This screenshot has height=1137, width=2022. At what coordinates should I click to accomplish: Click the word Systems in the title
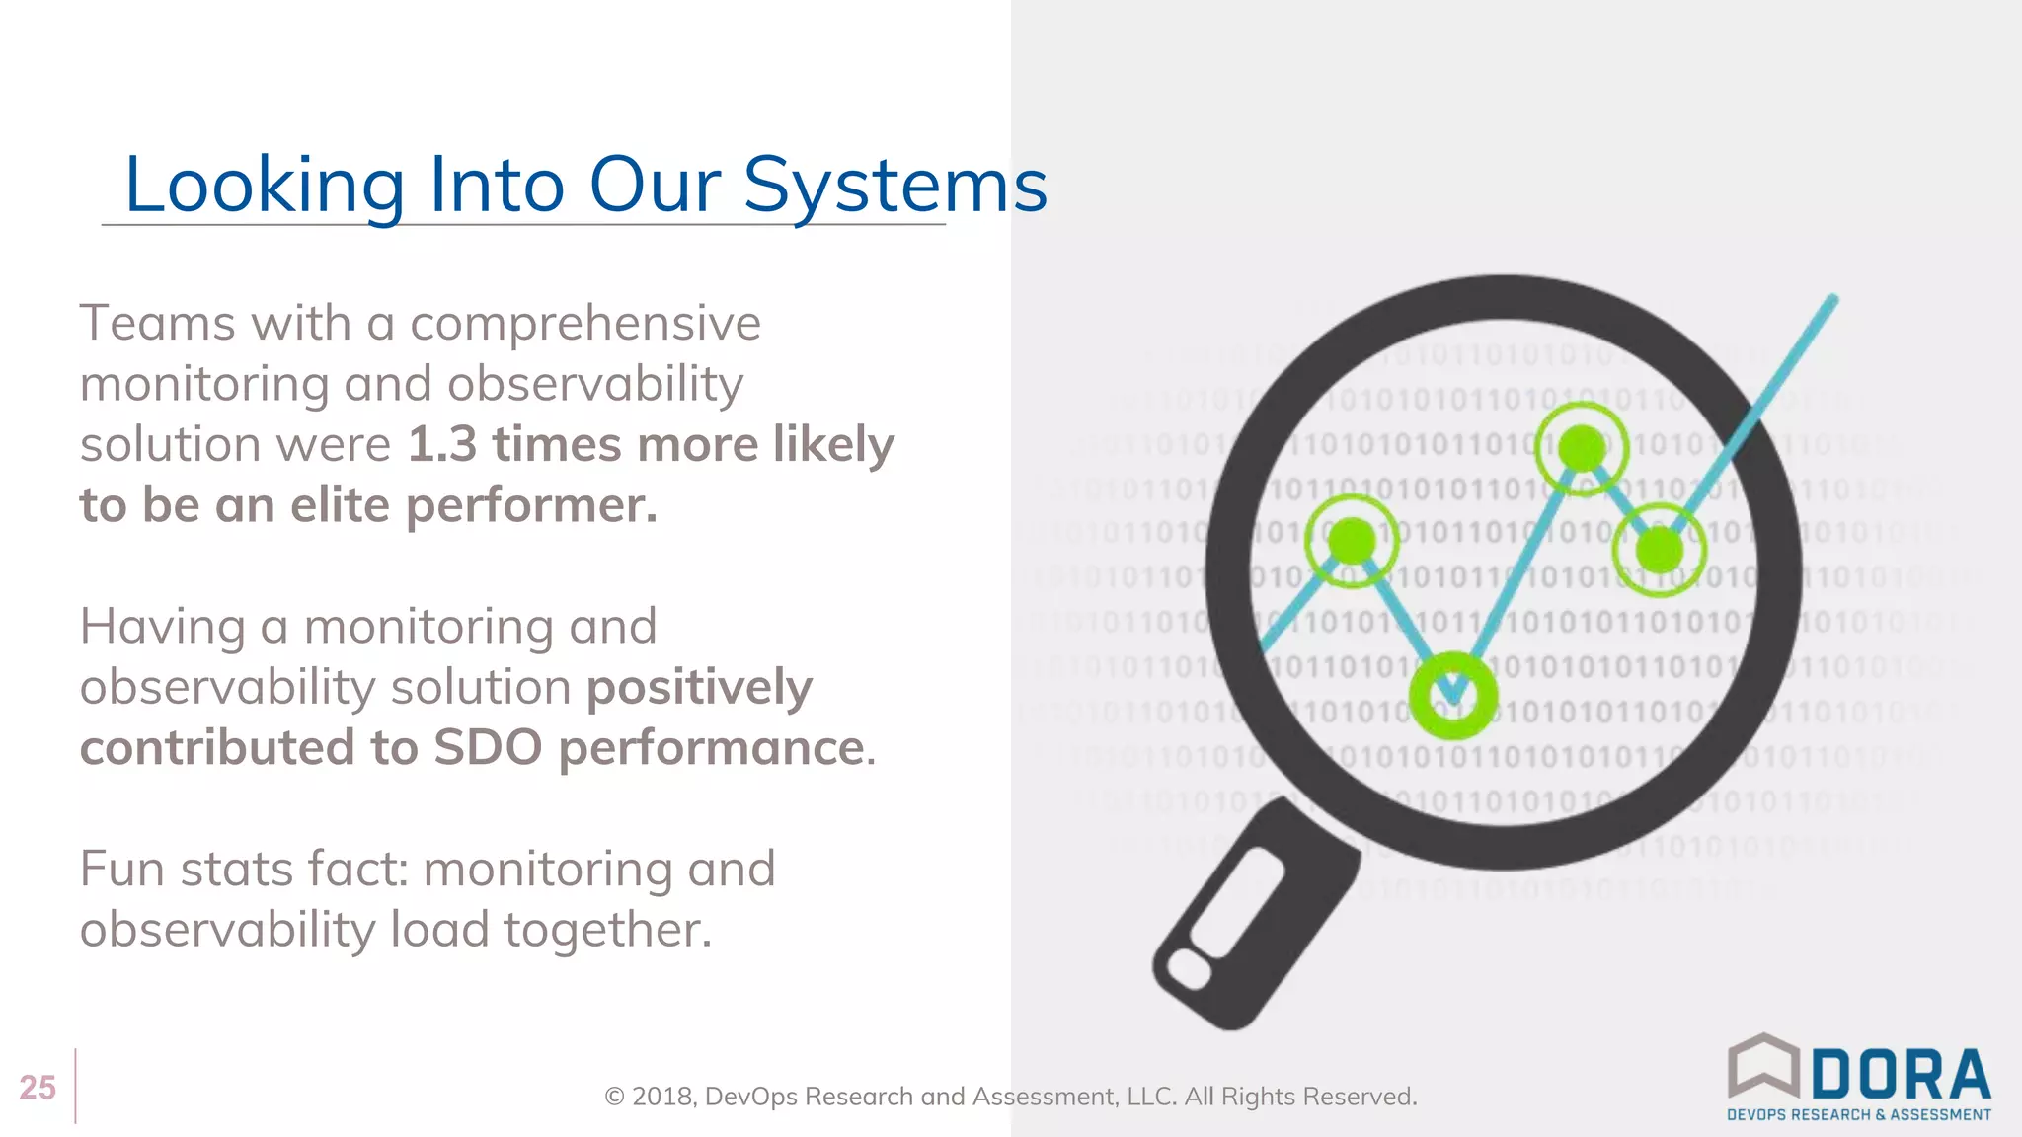(894, 186)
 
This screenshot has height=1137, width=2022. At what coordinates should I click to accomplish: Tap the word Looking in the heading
(265, 186)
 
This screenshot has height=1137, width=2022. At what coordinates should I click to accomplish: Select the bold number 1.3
(442, 444)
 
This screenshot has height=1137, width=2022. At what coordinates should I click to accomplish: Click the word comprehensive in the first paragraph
(585, 324)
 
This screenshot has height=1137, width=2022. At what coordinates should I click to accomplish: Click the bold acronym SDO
(488, 747)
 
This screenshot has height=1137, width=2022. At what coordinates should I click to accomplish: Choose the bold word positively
(699, 687)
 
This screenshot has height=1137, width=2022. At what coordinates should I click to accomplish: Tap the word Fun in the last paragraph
(116, 870)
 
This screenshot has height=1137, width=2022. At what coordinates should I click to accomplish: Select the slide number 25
(38, 1087)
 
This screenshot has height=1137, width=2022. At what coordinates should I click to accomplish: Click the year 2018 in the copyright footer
(662, 1097)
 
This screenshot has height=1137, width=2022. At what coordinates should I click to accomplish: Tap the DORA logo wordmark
(1901, 1075)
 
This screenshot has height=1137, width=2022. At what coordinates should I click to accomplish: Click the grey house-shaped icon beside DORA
(1763, 1066)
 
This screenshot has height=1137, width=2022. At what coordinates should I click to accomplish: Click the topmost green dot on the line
(1582, 448)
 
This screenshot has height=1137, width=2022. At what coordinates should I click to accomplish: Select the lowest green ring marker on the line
(1452, 696)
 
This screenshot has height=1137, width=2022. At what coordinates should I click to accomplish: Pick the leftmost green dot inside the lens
(1352, 541)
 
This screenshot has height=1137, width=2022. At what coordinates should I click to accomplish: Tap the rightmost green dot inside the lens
(1660, 548)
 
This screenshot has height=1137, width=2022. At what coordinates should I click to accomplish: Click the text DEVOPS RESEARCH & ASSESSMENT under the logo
(1858, 1115)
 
